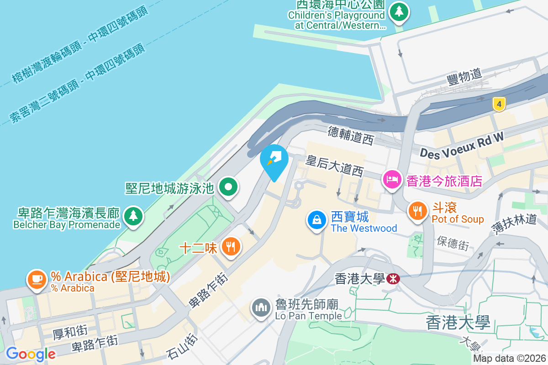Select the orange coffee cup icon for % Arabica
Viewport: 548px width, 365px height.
coord(37,280)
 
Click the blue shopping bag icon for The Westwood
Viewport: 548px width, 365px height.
coord(316,220)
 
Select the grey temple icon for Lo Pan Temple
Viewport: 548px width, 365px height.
coord(261,308)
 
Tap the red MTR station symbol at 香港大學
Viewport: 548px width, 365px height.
coord(393,278)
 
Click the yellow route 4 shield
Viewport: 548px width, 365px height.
coord(500,104)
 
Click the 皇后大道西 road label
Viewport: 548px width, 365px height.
coord(335,166)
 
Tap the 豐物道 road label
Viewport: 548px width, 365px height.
coord(464,77)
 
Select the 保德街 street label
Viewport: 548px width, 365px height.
coord(453,243)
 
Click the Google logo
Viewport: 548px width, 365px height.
coord(31,354)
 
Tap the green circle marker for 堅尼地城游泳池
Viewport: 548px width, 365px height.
coord(227,187)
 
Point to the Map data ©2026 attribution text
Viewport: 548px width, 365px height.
coord(509,359)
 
